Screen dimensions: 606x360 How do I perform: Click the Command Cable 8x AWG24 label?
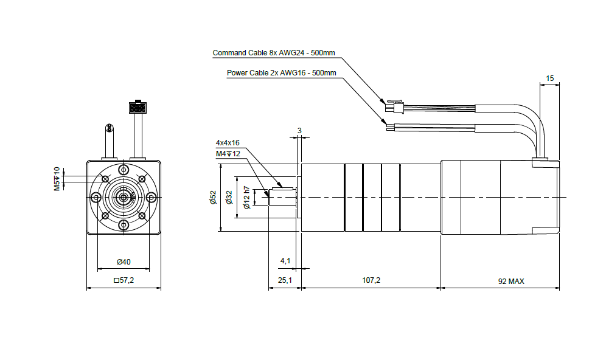click(274, 53)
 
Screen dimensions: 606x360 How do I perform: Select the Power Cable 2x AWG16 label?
click(281, 73)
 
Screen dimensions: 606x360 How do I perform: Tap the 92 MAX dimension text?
click(511, 282)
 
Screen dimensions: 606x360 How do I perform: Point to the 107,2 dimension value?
click(371, 280)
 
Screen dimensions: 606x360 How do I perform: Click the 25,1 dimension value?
click(285, 280)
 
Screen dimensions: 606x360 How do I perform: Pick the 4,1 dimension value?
click(285, 261)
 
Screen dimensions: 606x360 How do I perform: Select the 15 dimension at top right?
click(549, 78)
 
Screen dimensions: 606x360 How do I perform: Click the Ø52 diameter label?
click(213, 198)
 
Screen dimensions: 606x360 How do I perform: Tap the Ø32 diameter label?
click(229, 198)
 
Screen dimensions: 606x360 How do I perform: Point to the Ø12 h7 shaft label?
click(246, 198)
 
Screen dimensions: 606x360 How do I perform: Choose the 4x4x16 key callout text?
click(228, 143)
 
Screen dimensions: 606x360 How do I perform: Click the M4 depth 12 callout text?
click(228, 154)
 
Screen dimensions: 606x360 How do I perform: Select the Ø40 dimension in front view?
click(124, 262)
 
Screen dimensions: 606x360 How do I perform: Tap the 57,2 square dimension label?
click(124, 280)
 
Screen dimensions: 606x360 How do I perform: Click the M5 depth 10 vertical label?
click(57, 179)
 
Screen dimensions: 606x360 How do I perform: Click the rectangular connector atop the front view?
click(138, 107)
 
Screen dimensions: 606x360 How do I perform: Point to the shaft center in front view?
click(124, 198)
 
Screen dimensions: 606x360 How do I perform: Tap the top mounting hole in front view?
click(124, 170)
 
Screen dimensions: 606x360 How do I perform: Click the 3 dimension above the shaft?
click(299, 131)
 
